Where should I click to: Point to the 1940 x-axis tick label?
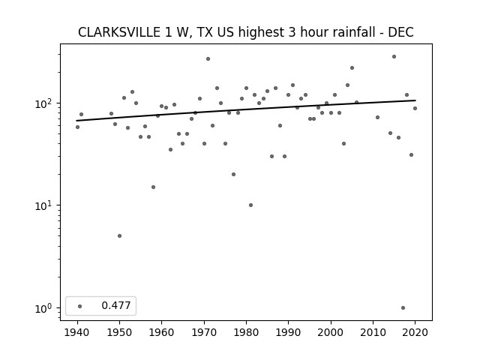click(77, 332)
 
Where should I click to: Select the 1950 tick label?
click(120, 332)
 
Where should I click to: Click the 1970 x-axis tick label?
click(204, 332)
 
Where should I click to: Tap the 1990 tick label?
click(288, 332)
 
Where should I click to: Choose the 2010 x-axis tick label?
click(373, 332)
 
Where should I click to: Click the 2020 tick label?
click(415, 332)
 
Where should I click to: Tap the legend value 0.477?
click(116, 305)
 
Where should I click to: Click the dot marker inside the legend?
click(80, 306)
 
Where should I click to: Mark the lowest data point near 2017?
click(403, 308)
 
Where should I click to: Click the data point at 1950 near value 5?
click(120, 235)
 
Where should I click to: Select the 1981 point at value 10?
click(250, 205)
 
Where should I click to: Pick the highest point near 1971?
click(208, 58)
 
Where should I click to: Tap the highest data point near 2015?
click(394, 57)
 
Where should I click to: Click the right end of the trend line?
click(415, 100)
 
